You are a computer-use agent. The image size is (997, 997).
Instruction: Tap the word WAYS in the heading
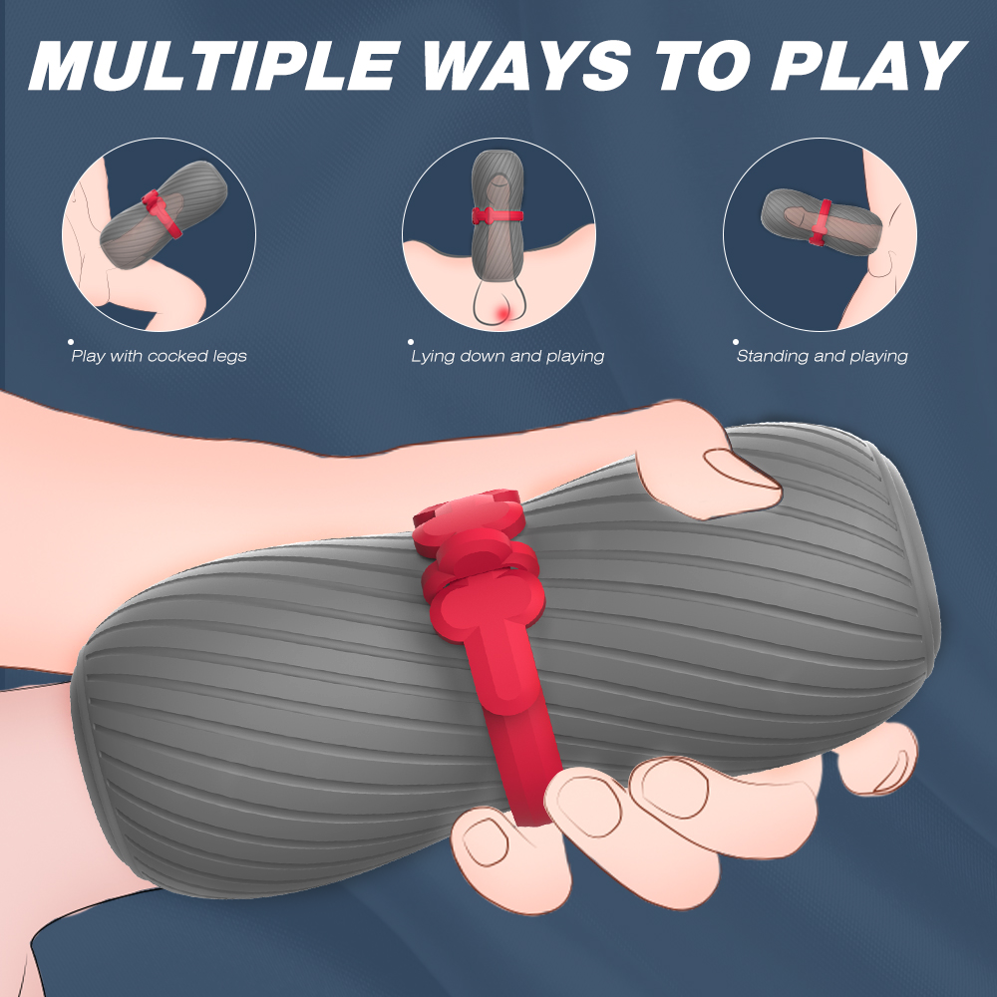[x=526, y=66]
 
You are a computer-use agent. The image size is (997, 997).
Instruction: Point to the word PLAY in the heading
[x=868, y=66]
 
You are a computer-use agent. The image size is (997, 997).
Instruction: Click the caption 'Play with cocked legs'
[x=159, y=356]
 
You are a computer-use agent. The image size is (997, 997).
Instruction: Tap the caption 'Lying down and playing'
[x=507, y=356]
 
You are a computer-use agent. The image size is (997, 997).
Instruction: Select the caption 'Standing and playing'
[x=823, y=356]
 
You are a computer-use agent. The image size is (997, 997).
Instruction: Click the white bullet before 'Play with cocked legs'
[x=71, y=342]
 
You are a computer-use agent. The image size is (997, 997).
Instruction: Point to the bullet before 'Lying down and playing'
[x=411, y=342]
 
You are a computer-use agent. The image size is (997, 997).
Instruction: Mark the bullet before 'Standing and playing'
[x=736, y=342]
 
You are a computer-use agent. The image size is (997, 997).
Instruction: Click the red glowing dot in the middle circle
[x=502, y=311]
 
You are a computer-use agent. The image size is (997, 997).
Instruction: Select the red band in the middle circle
[x=498, y=216]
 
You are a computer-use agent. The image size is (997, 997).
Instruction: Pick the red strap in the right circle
[x=821, y=222]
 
